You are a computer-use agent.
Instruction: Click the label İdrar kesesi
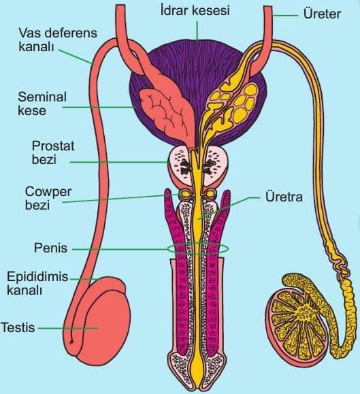pyautogui.click(x=195, y=11)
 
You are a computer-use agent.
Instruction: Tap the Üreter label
pyautogui.click(x=322, y=14)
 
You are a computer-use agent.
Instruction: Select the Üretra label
pyautogui.click(x=284, y=197)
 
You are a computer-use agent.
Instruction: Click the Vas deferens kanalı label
pyautogui.click(x=58, y=39)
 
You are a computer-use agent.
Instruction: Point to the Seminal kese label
pyautogui.click(x=42, y=103)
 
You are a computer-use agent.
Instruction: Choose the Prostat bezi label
pyautogui.click(x=53, y=152)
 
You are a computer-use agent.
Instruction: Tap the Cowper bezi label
pyautogui.click(x=48, y=198)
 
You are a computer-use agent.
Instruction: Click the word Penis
pyautogui.click(x=50, y=248)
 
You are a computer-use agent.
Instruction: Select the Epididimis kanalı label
pyautogui.click(x=37, y=283)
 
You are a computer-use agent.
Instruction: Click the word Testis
pyautogui.click(x=18, y=327)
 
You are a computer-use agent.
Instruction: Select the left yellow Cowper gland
pyautogui.click(x=185, y=194)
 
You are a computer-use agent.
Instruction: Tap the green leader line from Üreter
pyautogui.click(x=285, y=16)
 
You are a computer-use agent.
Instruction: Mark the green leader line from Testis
pyautogui.click(x=68, y=328)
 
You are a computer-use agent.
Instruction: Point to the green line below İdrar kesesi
pyautogui.click(x=197, y=31)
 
